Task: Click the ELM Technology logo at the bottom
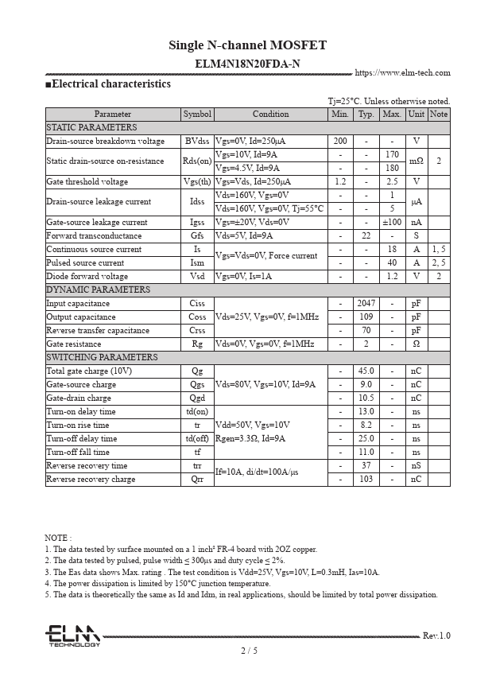[x=72, y=636]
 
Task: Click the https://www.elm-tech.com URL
[x=402, y=72]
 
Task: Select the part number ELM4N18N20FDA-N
[x=247, y=64]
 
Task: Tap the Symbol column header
[x=197, y=114]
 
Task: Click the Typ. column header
[x=366, y=114]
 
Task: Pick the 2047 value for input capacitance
[x=366, y=303]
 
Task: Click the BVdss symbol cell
[x=197, y=141]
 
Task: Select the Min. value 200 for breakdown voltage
[x=340, y=141]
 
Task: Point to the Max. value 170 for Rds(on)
[x=392, y=154]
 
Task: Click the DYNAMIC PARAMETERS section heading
[x=98, y=290]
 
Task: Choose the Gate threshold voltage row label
[x=87, y=181]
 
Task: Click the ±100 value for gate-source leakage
[x=392, y=222]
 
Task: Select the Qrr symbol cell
[x=197, y=479]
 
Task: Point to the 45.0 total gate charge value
[x=366, y=371]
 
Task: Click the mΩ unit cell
[x=416, y=161]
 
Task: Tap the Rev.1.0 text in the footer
[x=436, y=636]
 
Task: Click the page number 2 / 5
[x=249, y=650]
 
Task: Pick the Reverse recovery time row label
[x=87, y=465]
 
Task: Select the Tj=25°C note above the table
[x=389, y=101]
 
